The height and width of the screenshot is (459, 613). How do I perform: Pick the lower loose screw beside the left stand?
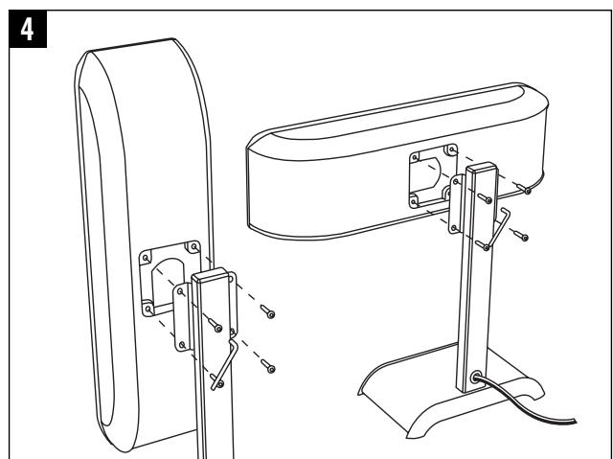coord(271,368)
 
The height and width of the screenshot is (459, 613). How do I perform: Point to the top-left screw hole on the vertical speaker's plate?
coord(146,258)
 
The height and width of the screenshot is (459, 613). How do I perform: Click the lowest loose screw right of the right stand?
coord(521,237)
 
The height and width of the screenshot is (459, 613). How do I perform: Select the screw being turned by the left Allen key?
coord(218,329)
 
